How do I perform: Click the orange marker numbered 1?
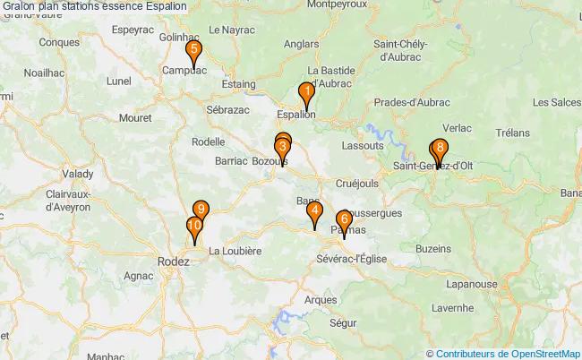click(x=306, y=92)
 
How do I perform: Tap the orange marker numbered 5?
click(x=194, y=52)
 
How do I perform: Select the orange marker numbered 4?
click(x=314, y=213)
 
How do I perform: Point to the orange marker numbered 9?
click(x=201, y=211)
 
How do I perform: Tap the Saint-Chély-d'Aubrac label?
click(x=400, y=50)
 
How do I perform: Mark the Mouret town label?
click(x=134, y=116)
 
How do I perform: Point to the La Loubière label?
click(x=235, y=252)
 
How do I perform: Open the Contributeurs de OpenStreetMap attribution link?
click(x=508, y=353)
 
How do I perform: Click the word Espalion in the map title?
click(x=163, y=6)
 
